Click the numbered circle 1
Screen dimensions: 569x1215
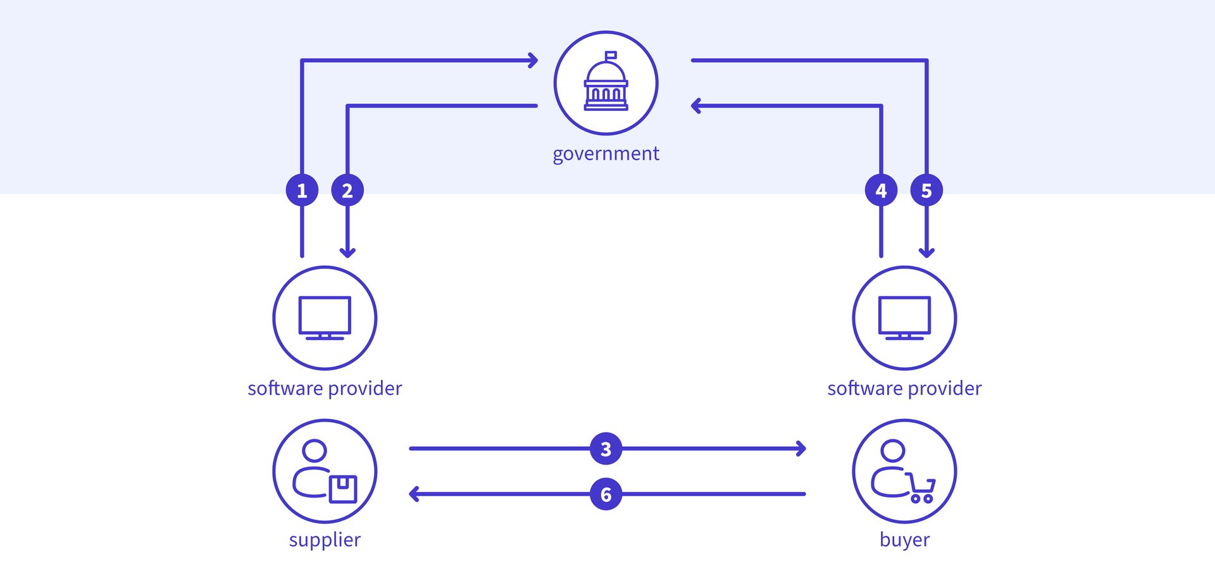click(302, 190)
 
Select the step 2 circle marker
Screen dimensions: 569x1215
click(347, 190)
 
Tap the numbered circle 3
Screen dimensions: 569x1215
click(606, 449)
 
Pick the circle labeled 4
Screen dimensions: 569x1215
click(881, 190)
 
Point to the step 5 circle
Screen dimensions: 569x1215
click(926, 190)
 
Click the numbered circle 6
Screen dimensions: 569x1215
click(606, 494)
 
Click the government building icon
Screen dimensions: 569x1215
click(606, 83)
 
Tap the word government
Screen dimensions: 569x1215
click(606, 154)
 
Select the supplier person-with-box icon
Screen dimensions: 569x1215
click(325, 471)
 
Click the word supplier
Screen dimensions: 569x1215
click(325, 540)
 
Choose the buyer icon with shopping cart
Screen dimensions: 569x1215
click(904, 471)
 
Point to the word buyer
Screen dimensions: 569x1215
click(904, 540)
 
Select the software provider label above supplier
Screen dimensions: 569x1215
click(325, 388)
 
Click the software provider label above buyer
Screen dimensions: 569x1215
click(904, 388)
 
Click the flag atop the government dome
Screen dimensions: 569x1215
click(611, 55)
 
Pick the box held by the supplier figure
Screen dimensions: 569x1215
click(343, 489)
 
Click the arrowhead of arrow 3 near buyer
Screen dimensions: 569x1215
click(802, 449)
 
